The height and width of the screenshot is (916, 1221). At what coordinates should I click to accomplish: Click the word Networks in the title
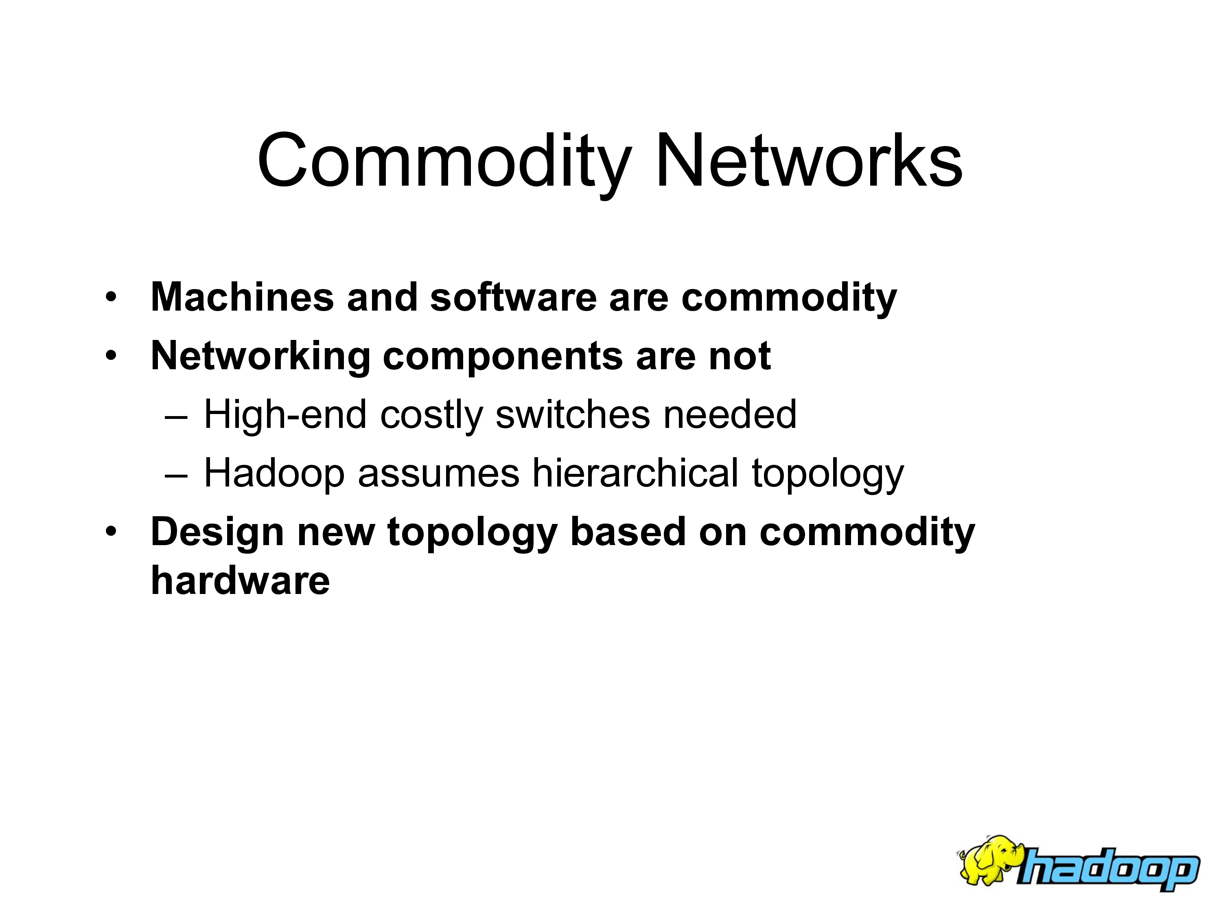pyautogui.click(x=809, y=161)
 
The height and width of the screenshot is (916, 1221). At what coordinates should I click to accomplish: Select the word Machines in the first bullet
pyautogui.click(x=242, y=297)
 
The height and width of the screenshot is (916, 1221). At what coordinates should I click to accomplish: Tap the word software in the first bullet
pyautogui.click(x=513, y=297)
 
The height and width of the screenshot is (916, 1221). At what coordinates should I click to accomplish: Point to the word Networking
pyautogui.click(x=260, y=356)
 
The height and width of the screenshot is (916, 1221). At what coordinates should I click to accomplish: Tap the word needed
pyautogui.click(x=730, y=415)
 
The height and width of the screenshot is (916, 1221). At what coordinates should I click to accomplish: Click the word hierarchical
pyautogui.click(x=635, y=473)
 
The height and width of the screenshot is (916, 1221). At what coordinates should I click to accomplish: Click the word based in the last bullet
pyautogui.click(x=628, y=532)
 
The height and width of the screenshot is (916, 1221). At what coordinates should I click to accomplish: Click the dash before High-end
pyautogui.click(x=176, y=419)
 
